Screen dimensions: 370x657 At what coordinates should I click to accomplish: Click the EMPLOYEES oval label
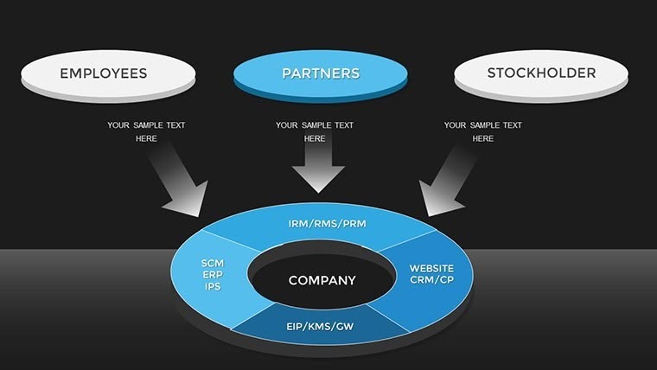pos(103,73)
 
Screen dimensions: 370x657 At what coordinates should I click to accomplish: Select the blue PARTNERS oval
pos(320,73)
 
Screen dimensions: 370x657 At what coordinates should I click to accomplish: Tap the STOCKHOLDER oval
pos(541,73)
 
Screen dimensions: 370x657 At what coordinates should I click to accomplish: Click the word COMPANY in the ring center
pos(322,280)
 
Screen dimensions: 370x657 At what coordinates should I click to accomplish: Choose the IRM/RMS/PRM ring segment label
pos(327,224)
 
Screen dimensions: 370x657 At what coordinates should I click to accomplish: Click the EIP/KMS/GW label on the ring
pos(320,326)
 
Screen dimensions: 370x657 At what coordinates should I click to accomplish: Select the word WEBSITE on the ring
pos(431,268)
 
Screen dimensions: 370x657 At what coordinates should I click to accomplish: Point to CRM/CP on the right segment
pos(431,280)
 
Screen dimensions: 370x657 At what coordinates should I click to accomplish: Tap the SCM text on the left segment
pos(213,263)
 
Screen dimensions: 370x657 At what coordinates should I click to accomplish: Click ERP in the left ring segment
pos(213,274)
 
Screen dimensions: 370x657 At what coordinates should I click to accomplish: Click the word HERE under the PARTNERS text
pos(315,138)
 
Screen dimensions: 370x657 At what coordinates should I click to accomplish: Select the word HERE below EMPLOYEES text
pos(146,138)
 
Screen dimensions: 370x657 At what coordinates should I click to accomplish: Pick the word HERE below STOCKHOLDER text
pos(482,138)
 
